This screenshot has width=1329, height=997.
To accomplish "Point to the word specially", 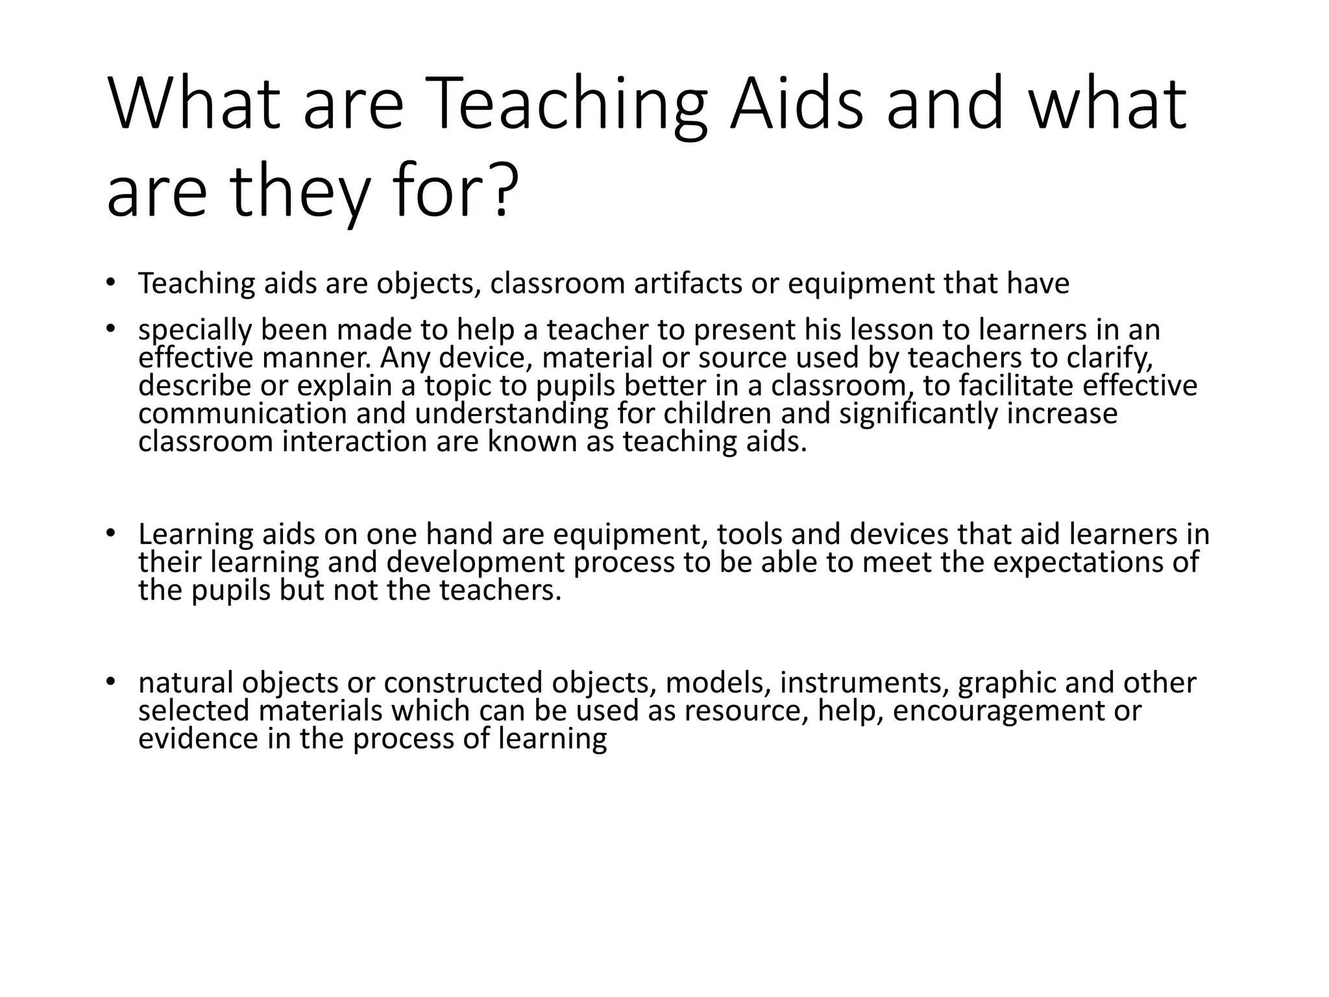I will point(195,330).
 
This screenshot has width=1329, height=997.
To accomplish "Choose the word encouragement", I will point(999,711).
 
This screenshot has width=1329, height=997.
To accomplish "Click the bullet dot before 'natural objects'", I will point(110,682).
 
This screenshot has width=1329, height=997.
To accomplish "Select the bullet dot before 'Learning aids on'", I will point(110,533).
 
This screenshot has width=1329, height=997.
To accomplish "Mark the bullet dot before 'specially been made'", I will point(110,329).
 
